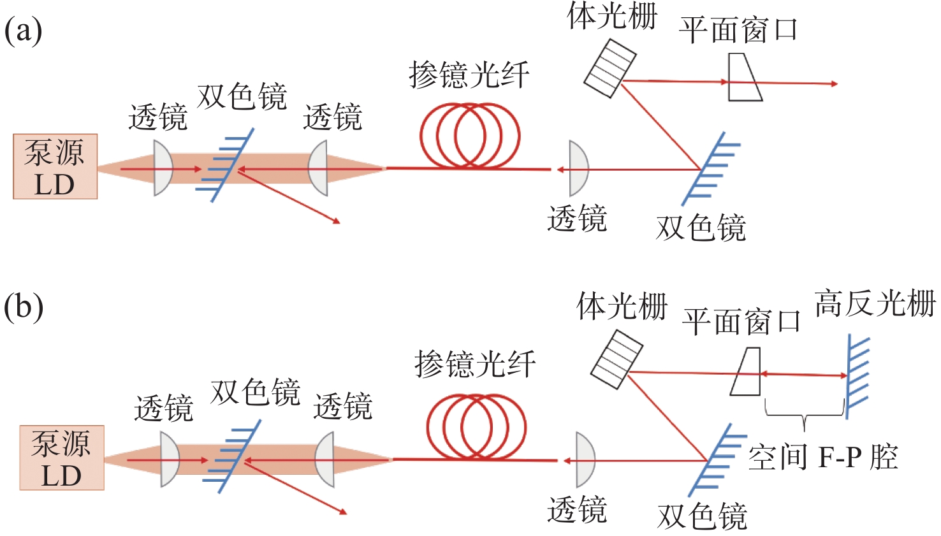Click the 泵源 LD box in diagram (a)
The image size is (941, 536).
[55, 167]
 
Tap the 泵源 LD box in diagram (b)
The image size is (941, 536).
[62, 458]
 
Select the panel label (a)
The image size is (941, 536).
[24, 31]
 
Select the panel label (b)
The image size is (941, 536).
[24, 307]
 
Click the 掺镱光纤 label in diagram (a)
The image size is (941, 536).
[469, 75]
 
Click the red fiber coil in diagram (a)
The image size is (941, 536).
[470, 136]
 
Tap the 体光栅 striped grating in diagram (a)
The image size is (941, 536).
[610, 68]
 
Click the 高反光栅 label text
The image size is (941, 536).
[875, 303]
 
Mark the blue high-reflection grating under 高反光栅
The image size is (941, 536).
[856, 376]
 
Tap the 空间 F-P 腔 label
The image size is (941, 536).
[822, 458]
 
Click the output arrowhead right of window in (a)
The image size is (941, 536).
[833, 83]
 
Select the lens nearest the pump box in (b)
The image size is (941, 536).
[170, 460]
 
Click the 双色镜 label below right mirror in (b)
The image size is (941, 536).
[702, 516]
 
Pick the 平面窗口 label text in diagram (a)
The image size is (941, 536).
[738, 31]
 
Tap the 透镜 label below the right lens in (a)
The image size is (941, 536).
[577, 219]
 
